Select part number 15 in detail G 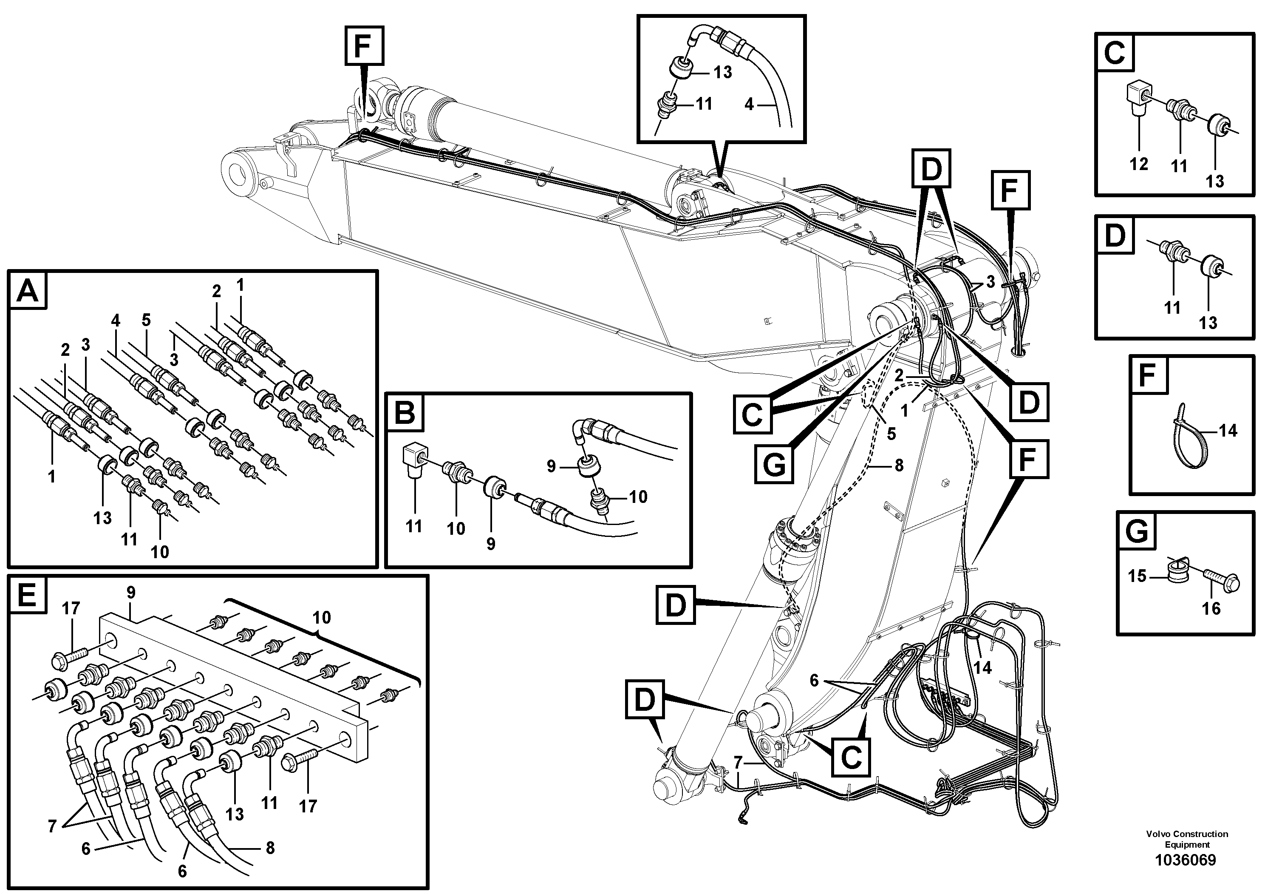pyautogui.click(x=1137, y=576)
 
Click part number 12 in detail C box pyautogui.click(x=1138, y=164)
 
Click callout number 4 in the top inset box pyautogui.click(x=749, y=104)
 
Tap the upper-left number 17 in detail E pyautogui.click(x=71, y=608)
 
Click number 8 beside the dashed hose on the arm pyautogui.click(x=899, y=466)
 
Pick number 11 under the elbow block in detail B pyautogui.click(x=414, y=526)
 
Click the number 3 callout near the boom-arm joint pyautogui.click(x=990, y=282)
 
